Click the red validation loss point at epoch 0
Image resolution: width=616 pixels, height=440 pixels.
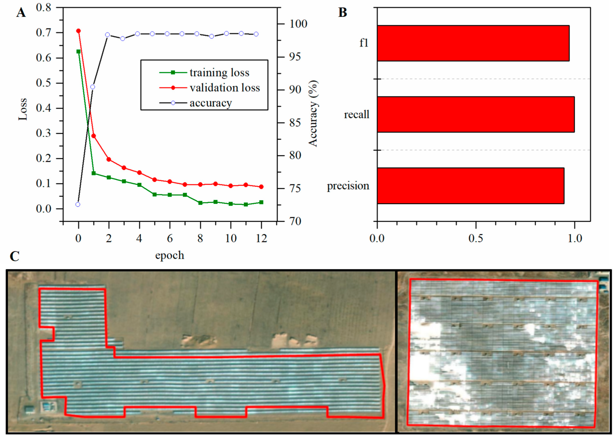[x=79, y=31]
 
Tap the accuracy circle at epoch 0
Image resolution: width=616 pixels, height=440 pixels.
[x=78, y=205]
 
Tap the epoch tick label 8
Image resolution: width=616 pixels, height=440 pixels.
[x=200, y=238]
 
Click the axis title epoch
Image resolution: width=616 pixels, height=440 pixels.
[x=170, y=255]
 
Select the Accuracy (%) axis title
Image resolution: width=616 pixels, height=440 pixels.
[x=313, y=114]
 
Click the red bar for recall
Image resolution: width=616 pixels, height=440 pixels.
[x=475, y=114]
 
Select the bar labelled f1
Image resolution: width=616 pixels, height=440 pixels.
[x=473, y=43]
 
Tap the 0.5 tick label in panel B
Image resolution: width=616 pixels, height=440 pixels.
[x=476, y=238]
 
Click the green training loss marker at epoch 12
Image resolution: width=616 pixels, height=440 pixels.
[x=261, y=202]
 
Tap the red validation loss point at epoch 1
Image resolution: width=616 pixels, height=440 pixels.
[x=94, y=136]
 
